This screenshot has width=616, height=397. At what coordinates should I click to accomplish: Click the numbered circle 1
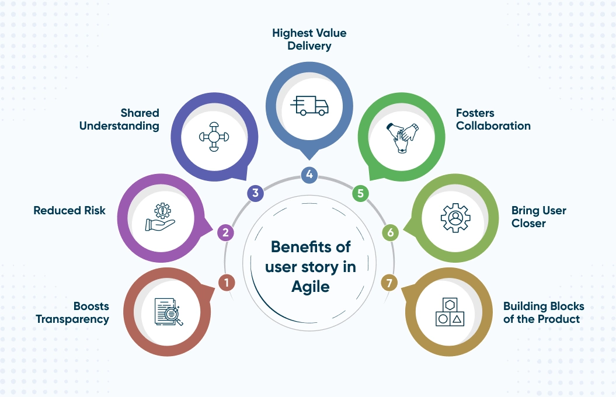226,283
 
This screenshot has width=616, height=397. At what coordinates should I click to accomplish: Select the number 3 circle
255,193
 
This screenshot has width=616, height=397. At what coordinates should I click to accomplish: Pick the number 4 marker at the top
309,174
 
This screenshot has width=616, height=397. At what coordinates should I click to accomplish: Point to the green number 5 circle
361,193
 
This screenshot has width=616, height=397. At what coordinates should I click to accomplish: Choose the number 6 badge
391,233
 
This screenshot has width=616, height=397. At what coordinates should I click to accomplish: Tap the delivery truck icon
309,105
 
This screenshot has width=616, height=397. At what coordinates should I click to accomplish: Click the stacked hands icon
402,137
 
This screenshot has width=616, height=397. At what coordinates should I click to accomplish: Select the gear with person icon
455,218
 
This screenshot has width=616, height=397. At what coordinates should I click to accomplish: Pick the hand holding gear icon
161,217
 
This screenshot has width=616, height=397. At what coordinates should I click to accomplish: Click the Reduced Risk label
69,210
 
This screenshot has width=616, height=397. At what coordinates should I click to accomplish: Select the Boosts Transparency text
72,313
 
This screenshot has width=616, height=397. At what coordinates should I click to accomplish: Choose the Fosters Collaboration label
493,119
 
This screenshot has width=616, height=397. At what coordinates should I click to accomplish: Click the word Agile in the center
310,286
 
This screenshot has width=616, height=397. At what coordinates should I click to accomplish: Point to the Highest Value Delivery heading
309,39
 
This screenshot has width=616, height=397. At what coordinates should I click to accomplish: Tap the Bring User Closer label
538,216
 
